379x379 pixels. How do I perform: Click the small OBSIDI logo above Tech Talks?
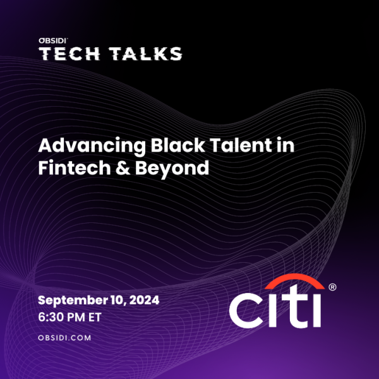pos(53,40)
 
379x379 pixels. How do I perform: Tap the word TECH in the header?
pos(69,54)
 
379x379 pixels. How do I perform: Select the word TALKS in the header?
pos(145,54)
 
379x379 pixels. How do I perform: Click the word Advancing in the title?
pos(92,146)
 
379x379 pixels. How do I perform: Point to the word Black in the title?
pos(177,145)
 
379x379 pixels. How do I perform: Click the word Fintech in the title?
pos(75,167)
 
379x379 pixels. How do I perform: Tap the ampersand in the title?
pos(123,168)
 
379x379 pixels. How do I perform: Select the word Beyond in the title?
pos(172,168)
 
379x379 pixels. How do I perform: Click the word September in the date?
pos(73,301)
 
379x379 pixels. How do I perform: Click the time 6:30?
pos(50,317)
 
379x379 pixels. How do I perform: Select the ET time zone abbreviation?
pos(95,317)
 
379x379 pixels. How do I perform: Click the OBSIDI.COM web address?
pos(64,338)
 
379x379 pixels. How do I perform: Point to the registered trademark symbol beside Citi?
pos(332,287)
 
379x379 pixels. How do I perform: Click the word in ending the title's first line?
pos(286,145)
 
